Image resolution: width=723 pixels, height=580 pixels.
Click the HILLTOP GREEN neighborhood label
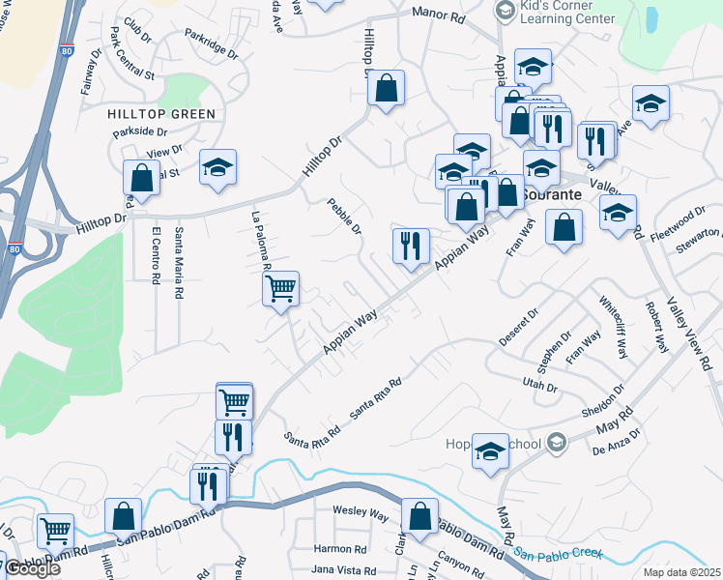(x=161, y=114)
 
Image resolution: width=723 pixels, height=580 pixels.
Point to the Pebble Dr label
(x=344, y=217)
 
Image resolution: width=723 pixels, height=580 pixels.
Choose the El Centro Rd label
(x=156, y=255)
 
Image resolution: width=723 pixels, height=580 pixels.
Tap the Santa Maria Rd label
(x=179, y=255)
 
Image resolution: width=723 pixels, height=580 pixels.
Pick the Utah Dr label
(x=540, y=386)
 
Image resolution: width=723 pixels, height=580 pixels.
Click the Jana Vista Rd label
(x=343, y=570)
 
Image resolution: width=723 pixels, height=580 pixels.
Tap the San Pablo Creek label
(x=558, y=554)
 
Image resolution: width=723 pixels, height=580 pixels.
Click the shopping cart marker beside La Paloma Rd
(x=279, y=287)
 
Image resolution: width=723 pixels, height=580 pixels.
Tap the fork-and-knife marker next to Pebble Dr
(x=411, y=246)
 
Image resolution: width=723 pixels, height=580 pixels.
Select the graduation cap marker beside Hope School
(x=490, y=449)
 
